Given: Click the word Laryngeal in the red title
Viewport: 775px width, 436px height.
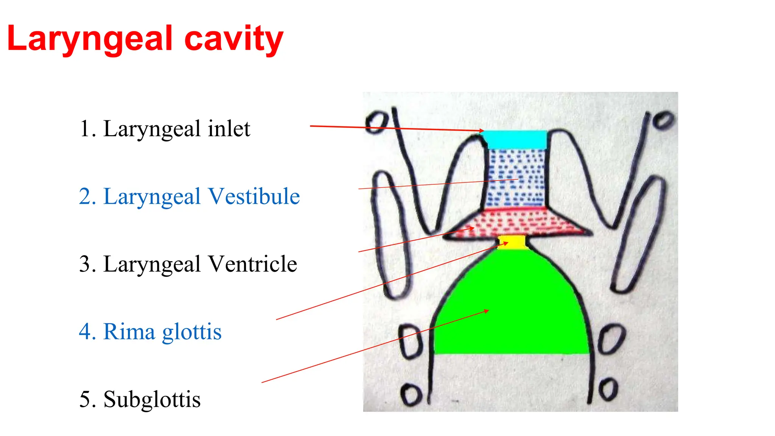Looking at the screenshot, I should (x=90, y=39).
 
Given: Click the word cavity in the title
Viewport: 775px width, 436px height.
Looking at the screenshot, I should (x=233, y=39).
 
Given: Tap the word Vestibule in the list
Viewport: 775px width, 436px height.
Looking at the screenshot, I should (x=254, y=196).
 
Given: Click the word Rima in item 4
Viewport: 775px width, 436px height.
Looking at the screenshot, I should (x=129, y=332).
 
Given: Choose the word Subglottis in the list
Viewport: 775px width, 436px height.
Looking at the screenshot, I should (x=152, y=400).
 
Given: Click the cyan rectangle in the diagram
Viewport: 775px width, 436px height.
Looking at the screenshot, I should (x=515, y=139).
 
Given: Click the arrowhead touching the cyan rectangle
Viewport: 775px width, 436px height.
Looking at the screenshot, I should (x=482, y=131).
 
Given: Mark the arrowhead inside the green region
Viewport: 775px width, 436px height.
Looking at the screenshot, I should (x=487, y=311).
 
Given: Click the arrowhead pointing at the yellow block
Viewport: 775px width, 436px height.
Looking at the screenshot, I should (x=506, y=243).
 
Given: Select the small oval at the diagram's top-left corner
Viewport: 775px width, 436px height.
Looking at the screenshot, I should (x=377, y=122).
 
